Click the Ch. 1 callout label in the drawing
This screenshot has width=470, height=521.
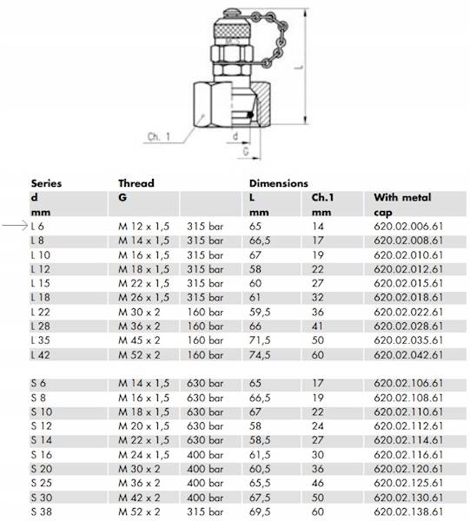(x=159, y=136)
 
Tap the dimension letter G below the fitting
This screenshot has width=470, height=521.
(x=246, y=151)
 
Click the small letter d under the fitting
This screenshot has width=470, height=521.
(x=235, y=135)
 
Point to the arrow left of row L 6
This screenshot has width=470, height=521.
(x=15, y=226)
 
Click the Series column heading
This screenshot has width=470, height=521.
(x=46, y=183)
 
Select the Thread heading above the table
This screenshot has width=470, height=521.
(x=136, y=183)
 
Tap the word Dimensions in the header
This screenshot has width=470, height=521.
(x=279, y=183)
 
